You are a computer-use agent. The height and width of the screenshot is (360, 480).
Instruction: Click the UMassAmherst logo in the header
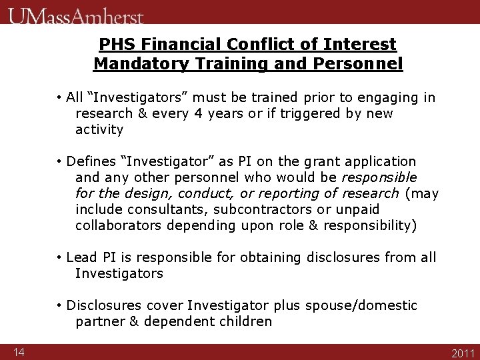[x=76, y=14]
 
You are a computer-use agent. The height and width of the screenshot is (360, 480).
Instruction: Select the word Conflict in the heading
[x=250, y=45]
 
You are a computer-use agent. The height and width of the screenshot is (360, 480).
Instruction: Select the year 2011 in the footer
[x=463, y=353]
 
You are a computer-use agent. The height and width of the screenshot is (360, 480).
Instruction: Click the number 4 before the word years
[x=197, y=113]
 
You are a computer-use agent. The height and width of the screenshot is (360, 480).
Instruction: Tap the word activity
[x=99, y=129]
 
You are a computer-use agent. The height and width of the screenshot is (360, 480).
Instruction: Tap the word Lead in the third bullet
[x=82, y=257]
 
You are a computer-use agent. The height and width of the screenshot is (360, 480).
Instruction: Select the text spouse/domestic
[x=361, y=305]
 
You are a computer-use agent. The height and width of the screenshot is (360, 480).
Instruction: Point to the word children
[x=245, y=321]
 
